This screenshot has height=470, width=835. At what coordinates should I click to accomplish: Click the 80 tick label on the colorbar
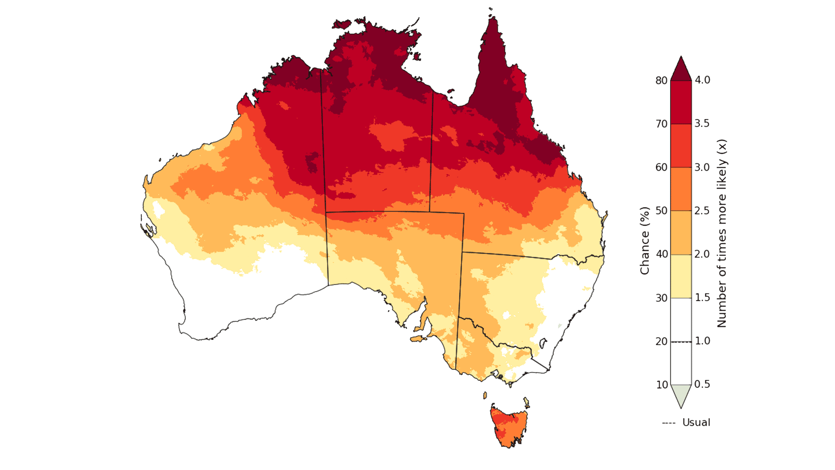(x=661, y=81)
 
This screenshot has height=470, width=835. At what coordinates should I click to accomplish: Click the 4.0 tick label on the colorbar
(x=702, y=80)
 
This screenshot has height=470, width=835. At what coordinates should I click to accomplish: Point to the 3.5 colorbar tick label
(x=701, y=124)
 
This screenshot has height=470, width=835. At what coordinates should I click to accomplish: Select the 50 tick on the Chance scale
(x=661, y=211)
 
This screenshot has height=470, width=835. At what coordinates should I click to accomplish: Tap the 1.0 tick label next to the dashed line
(x=702, y=341)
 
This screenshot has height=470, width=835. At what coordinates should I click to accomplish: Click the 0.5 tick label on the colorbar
(x=702, y=384)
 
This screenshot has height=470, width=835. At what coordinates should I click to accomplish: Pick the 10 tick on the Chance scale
(x=661, y=385)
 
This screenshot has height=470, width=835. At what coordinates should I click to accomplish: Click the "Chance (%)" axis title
(x=645, y=241)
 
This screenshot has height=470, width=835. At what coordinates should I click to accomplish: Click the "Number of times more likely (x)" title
(x=722, y=233)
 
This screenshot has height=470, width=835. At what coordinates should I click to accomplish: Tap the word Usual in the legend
(x=696, y=423)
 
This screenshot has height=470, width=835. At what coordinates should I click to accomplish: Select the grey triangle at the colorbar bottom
(x=681, y=394)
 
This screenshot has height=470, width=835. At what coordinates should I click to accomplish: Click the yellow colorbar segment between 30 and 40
(x=681, y=276)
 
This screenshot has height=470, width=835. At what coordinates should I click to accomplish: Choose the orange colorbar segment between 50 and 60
(x=681, y=189)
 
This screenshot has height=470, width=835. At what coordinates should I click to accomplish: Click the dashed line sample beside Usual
(x=668, y=423)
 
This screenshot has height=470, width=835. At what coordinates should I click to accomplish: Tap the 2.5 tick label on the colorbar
(x=701, y=211)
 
